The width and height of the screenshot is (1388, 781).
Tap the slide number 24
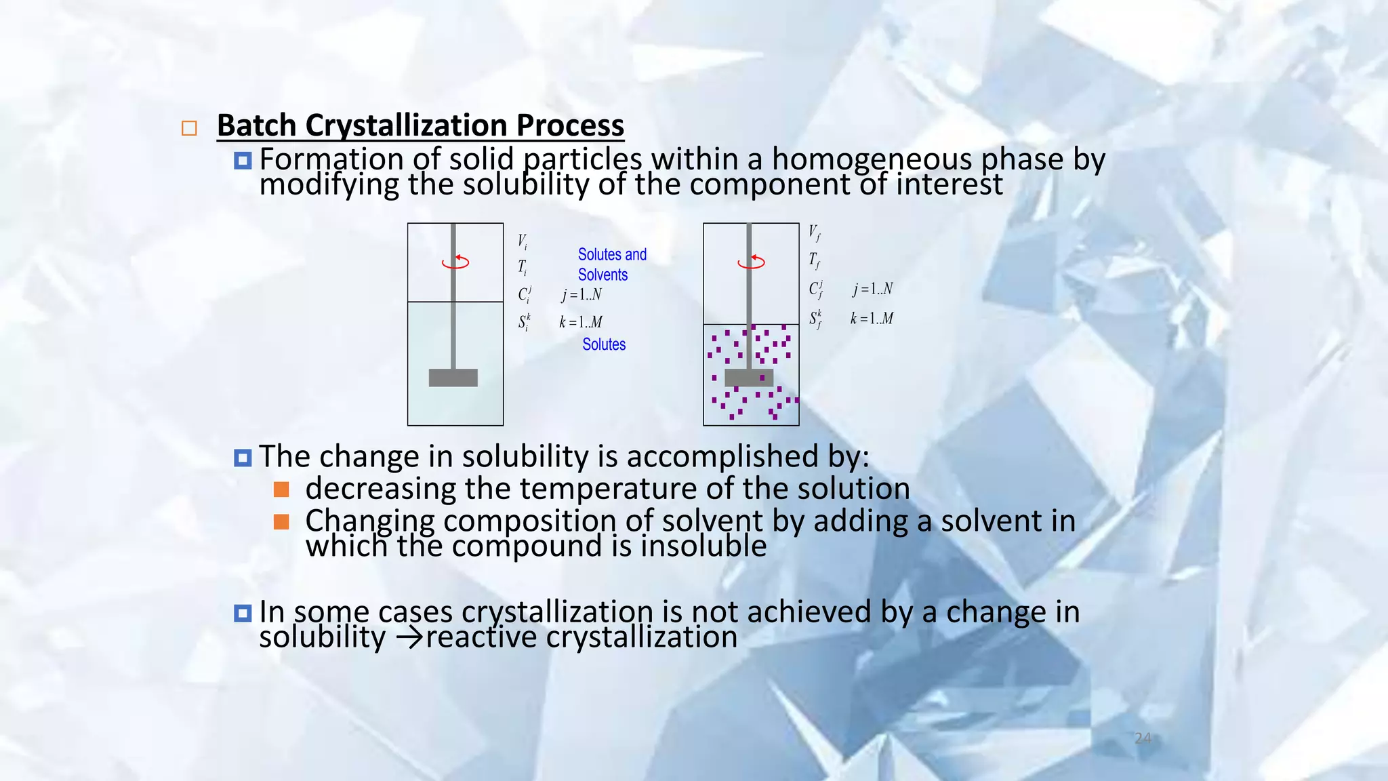point(1143,738)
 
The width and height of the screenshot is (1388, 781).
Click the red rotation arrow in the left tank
point(456,262)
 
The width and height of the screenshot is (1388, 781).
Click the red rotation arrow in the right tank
point(752,262)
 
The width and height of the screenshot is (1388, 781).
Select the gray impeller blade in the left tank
point(453,378)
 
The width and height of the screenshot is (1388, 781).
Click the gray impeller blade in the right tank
point(748,378)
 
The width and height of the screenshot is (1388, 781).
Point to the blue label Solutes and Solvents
point(611,264)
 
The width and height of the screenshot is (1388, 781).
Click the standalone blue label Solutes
point(604,344)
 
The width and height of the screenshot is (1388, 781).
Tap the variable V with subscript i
point(523,241)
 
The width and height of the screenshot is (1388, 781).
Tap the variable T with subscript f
point(814,260)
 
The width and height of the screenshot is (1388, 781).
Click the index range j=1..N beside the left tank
point(581,295)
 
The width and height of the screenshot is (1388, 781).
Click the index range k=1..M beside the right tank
point(872,319)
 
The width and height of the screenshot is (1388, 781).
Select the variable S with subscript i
point(525,321)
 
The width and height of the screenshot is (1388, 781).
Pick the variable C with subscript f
point(816,289)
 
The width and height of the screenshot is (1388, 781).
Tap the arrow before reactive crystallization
point(409,638)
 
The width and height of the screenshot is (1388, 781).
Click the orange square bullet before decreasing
point(281,489)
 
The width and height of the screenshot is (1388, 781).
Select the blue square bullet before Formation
point(243,161)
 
